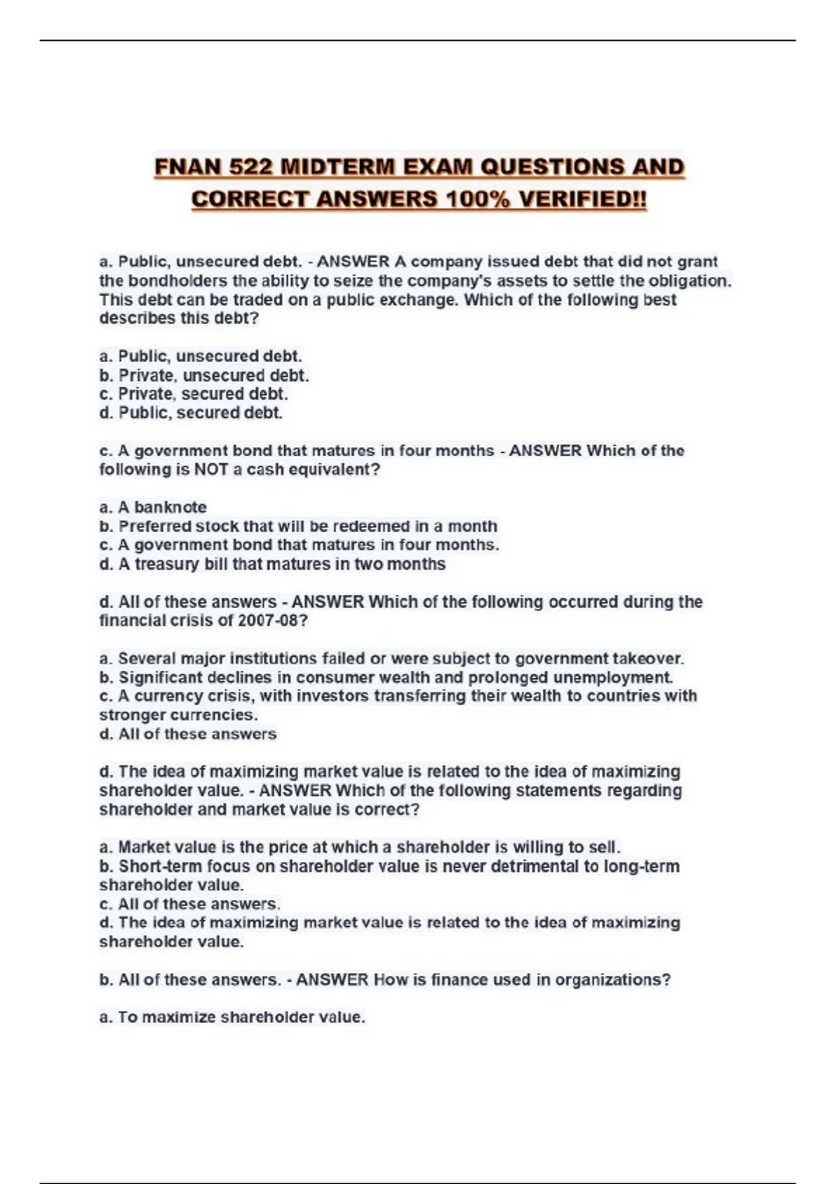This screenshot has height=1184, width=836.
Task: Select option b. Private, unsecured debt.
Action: point(204,375)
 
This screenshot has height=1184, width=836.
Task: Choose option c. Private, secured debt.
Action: point(194,394)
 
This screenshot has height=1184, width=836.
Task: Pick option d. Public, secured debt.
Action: point(191,413)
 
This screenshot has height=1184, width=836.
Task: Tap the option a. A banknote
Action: point(153,507)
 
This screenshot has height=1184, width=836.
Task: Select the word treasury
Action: point(167,564)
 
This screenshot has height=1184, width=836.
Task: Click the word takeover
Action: point(648,658)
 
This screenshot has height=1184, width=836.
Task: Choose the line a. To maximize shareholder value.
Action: point(232,1018)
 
